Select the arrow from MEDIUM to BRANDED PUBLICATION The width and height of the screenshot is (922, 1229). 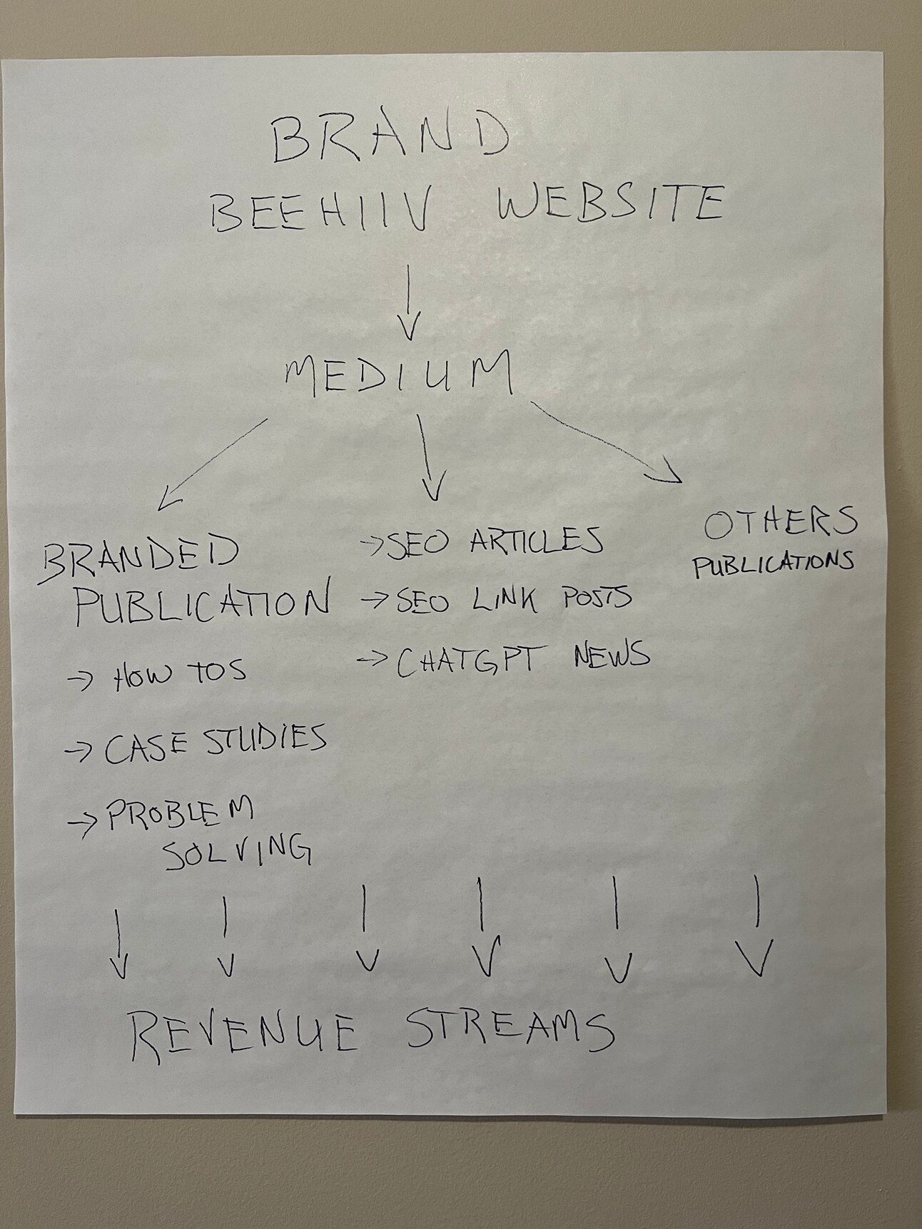tap(212, 464)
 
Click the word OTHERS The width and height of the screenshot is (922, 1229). tap(780, 524)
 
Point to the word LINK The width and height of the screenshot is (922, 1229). tap(505, 600)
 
